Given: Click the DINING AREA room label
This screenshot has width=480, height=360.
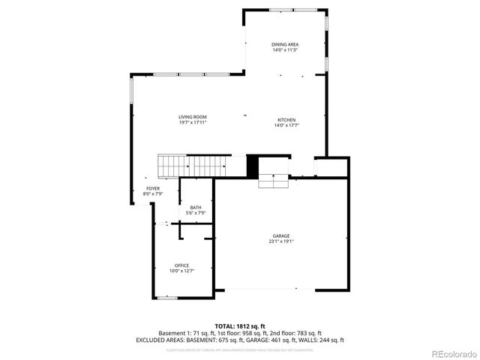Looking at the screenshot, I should click(285, 44).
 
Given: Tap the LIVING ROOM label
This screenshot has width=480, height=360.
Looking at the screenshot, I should click(193, 117).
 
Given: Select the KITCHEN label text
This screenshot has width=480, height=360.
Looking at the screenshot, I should click(286, 120).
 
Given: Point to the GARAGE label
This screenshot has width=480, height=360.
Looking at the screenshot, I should click(281, 235).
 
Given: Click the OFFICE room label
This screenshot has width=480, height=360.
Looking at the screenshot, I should click(181, 265).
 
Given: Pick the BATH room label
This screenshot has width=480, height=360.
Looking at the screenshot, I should click(196, 208).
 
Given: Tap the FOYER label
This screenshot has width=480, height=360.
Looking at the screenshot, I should click(153, 188).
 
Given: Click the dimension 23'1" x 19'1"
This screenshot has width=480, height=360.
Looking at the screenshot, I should click(281, 241).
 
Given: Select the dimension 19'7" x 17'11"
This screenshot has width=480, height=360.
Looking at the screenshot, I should click(193, 123).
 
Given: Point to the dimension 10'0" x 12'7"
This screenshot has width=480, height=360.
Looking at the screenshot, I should click(181, 271).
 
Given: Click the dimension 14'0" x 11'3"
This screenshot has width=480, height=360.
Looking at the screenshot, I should click(285, 50).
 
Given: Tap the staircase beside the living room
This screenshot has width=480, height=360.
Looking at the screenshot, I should click(193, 165).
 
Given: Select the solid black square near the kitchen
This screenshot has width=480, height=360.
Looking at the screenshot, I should click(253, 166).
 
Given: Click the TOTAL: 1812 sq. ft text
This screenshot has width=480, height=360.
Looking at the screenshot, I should click(240, 326).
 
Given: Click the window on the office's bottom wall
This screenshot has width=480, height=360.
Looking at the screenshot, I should click(167, 298).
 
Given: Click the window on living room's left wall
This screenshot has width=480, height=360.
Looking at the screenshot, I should click(132, 92).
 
